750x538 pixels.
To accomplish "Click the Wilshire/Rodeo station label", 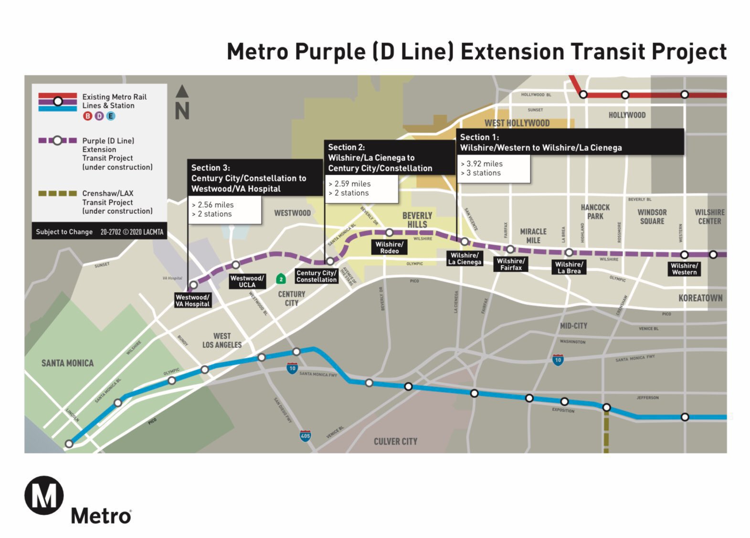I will click(389, 247).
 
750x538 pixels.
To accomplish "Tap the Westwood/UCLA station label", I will click(247, 281).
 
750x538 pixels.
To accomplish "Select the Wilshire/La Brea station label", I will click(569, 267).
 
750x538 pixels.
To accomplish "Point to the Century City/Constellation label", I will click(316, 276).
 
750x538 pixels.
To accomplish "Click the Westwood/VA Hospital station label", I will click(192, 300).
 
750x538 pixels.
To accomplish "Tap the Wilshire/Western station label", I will click(684, 269).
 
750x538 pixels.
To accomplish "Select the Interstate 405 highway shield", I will click(305, 435).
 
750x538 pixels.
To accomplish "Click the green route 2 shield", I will click(281, 279).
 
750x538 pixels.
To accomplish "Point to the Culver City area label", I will click(395, 442).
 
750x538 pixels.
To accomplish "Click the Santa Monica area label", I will click(67, 363).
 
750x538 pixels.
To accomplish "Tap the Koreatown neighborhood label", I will click(700, 298).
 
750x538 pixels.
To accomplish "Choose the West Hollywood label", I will click(517, 123).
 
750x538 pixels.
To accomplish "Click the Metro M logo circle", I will click(44, 496).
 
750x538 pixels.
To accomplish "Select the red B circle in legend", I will click(87, 116).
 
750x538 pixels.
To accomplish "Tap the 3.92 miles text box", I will click(493, 169).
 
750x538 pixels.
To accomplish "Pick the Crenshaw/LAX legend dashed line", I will click(57, 193).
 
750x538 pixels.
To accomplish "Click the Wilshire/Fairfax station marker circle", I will click(510, 249).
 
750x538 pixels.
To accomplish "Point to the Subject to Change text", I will click(64, 232).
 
